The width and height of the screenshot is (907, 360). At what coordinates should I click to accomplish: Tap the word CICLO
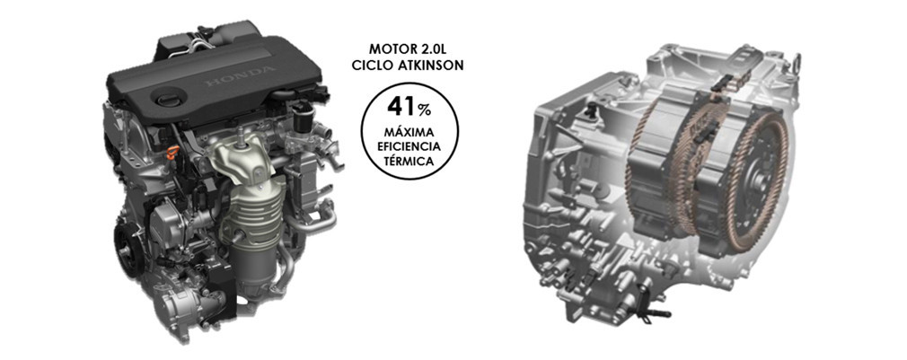pos(370,66)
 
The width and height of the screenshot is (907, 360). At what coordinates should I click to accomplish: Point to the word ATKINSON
pos(428,66)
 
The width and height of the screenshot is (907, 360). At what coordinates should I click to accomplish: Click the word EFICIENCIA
pos(409,147)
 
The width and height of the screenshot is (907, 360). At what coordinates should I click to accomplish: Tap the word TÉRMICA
pos(409,162)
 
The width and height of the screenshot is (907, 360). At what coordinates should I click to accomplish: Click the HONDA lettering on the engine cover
pos(240,77)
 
